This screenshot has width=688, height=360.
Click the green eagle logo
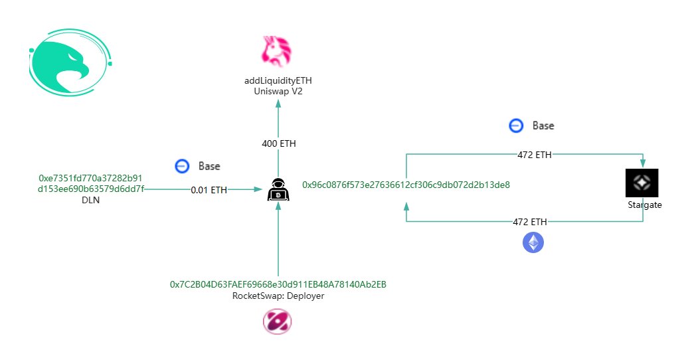(69, 64)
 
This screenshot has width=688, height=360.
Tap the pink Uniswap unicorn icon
(278, 51)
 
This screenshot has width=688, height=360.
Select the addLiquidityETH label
(278, 81)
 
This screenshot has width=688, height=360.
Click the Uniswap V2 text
(278, 92)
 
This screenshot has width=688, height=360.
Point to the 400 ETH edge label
(278, 143)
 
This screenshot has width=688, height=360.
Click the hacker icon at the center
(278, 191)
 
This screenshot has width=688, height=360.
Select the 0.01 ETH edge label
(209, 190)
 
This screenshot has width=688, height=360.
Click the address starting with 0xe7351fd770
(91, 184)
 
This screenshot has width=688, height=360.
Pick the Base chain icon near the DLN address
(182, 166)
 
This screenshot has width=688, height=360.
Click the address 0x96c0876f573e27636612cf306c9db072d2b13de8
(406, 184)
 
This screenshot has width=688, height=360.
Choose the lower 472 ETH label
(530, 222)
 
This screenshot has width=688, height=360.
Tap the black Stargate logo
(642, 183)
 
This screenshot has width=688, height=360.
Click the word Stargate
(644, 205)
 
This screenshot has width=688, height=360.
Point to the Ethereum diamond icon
(533, 242)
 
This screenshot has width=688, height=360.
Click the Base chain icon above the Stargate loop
(516, 126)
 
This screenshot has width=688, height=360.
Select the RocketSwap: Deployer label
(278, 296)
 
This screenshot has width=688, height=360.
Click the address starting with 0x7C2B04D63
(278, 284)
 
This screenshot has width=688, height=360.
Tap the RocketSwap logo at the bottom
(277, 322)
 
